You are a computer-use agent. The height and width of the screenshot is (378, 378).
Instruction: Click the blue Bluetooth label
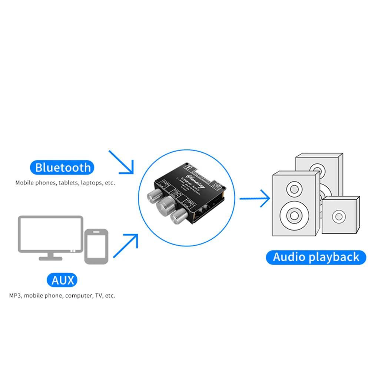63,168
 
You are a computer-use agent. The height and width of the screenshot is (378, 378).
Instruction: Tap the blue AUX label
63,280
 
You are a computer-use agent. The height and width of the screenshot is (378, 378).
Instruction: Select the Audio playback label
316,257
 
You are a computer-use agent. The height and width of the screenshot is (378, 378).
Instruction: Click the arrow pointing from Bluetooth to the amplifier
121,162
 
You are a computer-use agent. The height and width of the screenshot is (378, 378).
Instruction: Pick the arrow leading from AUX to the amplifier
126,245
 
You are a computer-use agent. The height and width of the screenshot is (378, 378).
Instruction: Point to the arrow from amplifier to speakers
255,199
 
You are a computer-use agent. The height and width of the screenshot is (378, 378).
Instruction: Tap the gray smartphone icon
96,246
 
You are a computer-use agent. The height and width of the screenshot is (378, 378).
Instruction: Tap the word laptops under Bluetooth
91,183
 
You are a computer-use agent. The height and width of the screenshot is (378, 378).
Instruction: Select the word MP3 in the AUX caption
15,296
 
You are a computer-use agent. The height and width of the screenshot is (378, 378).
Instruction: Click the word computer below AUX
77,296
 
